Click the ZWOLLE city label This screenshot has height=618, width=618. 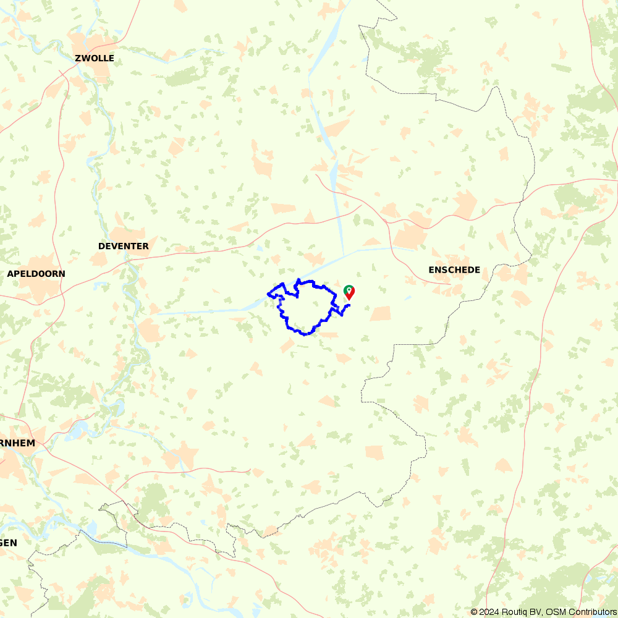click(94, 59)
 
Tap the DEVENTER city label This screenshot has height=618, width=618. click(124, 246)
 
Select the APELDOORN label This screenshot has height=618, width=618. click(36, 273)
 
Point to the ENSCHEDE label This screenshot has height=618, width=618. click(454, 269)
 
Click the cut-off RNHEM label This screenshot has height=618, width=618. click(18, 443)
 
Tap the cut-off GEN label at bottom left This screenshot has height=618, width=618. click(9, 542)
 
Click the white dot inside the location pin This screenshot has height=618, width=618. click(349, 289)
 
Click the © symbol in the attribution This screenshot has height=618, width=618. click(475, 612)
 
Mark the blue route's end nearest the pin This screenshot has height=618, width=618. click(350, 305)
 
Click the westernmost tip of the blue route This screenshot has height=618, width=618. click(268, 294)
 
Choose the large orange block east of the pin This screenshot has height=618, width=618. click(381, 313)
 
